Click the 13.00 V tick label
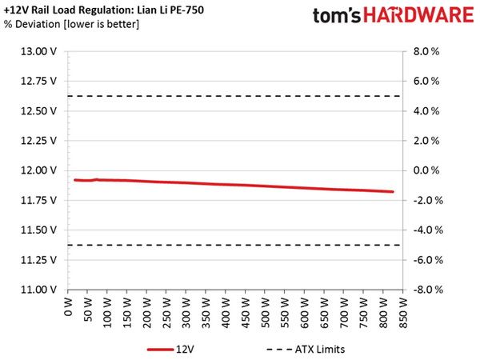tap(38, 51)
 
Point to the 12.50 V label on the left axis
tap(38, 111)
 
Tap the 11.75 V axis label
tap(38, 200)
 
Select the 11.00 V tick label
tap(38, 290)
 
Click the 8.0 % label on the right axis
tap(426, 51)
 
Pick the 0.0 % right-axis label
tap(426, 170)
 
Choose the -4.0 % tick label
tap(428, 230)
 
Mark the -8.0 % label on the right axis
tap(428, 290)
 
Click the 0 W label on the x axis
tap(68, 307)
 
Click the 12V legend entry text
tap(185, 350)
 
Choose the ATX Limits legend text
tap(320, 350)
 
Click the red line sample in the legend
tap(160, 350)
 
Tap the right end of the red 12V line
tap(393, 192)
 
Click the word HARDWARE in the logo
tap(418, 15)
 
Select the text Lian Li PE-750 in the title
tap(170, 10)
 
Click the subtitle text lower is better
tap(102, 24)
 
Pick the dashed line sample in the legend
tap(279, 350)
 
